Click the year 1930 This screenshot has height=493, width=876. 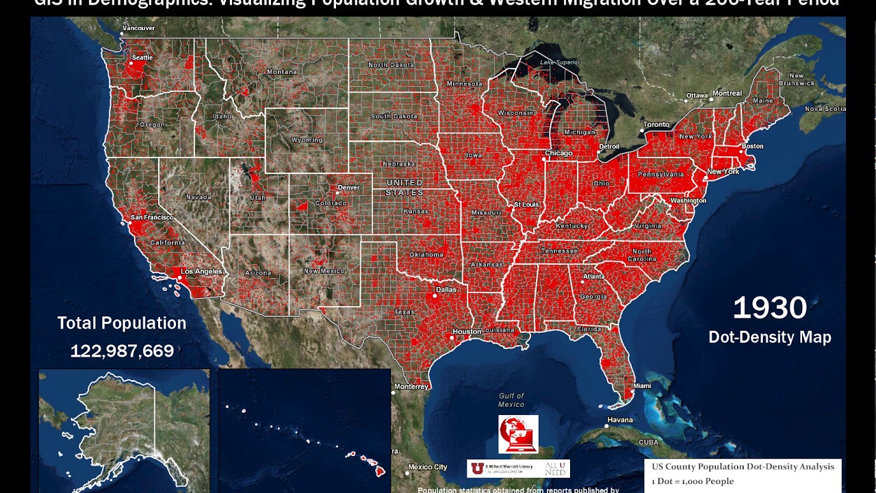(x=770, y=308)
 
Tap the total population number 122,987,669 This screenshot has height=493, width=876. (x=122, y=351)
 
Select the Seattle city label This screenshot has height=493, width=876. (x=142, y=58)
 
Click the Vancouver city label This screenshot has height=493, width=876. (x=138, y=28)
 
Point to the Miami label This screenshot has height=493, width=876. (x=642, y=386)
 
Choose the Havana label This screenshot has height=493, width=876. (x=620, y=420)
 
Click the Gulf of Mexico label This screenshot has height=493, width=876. (x=511, y=400)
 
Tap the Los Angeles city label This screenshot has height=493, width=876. (x=201, y=272)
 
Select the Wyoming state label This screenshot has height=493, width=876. (x=307, y=140)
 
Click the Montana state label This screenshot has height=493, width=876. (x=282, y=72)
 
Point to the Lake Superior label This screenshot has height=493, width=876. (x=560, y=62)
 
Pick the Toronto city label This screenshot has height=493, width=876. (x=656, y=125)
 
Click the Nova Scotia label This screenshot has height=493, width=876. (x=825, y=109)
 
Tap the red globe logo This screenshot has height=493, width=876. (x=518, y=434)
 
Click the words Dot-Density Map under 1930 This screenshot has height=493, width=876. (x=770, y=337)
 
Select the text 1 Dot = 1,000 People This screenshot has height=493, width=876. (x=693, y=481)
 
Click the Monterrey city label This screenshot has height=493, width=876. (x=411, y=387)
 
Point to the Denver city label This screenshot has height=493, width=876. (x=348, y=188)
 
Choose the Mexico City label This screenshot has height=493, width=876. (x=428, y=468)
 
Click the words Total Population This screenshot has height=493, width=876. (x=122, y=323)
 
